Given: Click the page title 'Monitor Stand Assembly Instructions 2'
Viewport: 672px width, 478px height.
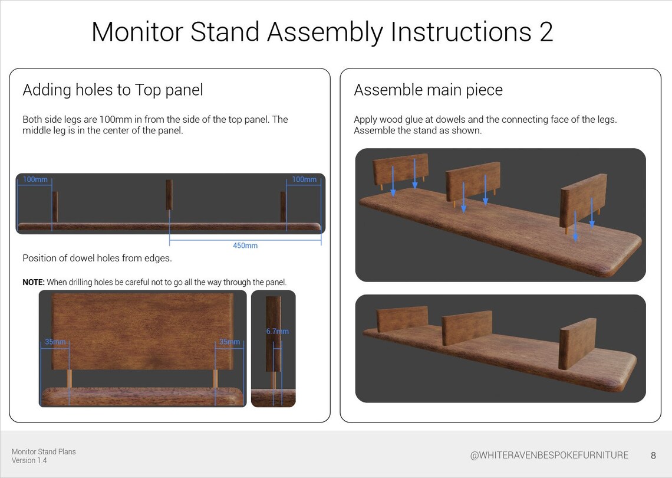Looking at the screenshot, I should point(322,32).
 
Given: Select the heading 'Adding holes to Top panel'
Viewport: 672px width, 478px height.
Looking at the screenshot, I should point(113,90).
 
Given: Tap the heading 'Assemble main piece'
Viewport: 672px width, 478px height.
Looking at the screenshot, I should point(428,90).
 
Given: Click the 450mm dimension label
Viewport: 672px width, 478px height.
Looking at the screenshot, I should point(245,245).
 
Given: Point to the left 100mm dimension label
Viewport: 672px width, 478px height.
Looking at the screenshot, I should point(36,179).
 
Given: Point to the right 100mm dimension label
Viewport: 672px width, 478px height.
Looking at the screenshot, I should point(304,179).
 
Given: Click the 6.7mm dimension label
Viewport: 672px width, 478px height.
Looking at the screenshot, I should point(277,332).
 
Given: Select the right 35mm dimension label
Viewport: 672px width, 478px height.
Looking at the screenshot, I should point(229,342).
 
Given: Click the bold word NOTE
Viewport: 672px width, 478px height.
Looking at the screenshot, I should point(34,282).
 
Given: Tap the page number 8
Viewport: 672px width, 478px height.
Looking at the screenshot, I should point(653,456).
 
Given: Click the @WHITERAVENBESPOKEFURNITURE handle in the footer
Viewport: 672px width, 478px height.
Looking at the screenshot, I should point(549,456).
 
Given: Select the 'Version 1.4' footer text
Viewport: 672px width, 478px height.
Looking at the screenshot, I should point(29,460).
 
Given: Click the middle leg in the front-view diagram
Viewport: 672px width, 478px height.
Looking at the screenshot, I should point(169,195).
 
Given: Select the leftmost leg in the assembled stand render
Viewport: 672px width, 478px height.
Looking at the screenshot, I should point(402,319).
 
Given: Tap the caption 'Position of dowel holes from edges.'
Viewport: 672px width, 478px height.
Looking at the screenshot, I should point(97,258).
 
